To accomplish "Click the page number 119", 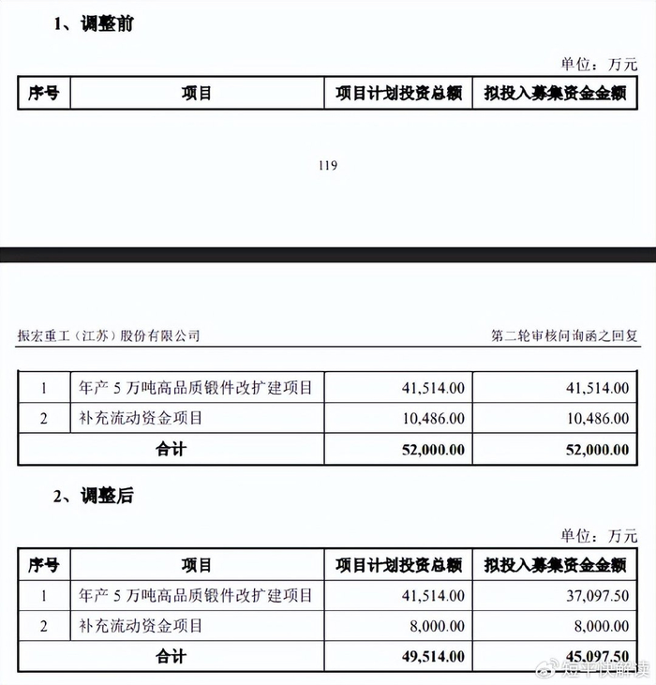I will point(327,166).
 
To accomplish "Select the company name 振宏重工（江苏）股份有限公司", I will point(109,335).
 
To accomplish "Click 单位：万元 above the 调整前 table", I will point(599,64).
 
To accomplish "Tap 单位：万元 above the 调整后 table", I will point(599,536).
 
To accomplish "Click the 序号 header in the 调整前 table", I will point(43,94).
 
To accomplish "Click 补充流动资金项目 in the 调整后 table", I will point(141,625).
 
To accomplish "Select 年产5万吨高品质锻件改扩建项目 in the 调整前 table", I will point(196,386).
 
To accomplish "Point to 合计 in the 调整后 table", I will point(171,657).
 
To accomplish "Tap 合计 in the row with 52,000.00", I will point(171,449).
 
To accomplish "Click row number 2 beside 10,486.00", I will point(43,418).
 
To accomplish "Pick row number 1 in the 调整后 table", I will point(43,595).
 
